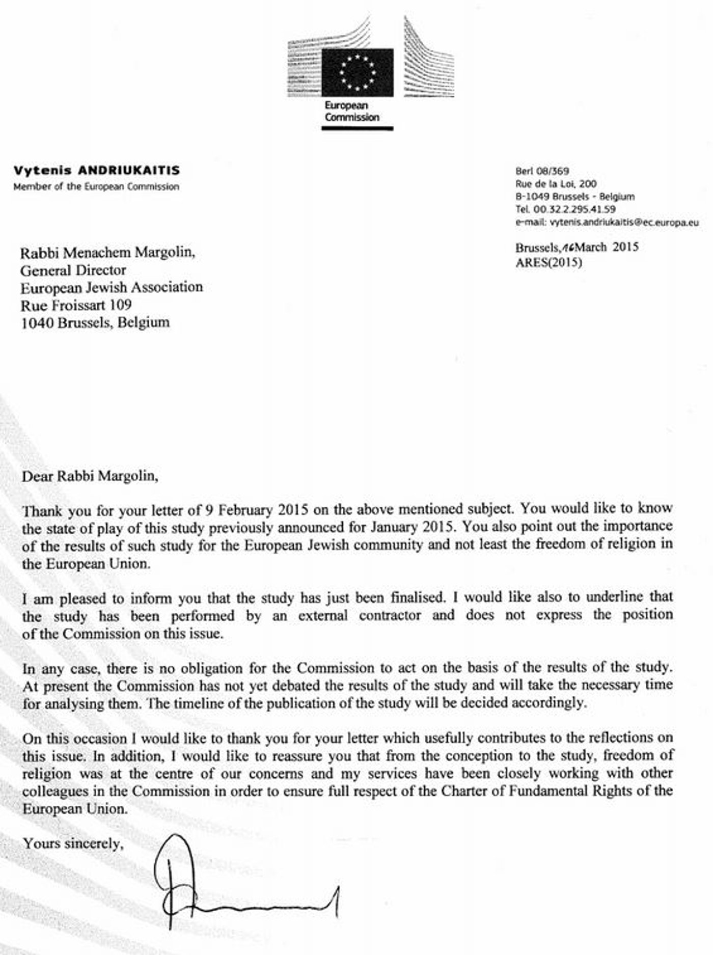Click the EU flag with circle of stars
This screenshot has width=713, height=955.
tap(358, 72)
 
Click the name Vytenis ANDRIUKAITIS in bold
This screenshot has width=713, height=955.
tap(96, 171)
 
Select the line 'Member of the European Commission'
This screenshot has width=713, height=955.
tap(96, 186)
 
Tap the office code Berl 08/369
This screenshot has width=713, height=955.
tap(542, 172)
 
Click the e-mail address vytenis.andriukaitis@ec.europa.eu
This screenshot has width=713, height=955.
tap(624, 222)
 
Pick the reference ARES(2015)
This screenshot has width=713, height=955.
tap(549, 263)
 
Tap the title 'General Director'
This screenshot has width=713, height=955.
tap(73, 269)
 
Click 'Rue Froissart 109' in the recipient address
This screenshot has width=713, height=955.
tap(76, 305)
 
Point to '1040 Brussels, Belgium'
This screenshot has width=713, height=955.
tap(95, 322)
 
